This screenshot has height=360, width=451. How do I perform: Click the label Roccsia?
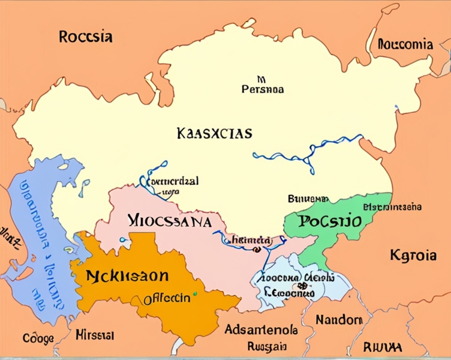pyautogui.click(x=86, y=36)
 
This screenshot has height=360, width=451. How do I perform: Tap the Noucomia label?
pyautogui.click(x=405, y=44)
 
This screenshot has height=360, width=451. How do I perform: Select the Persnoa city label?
pyautogui.click(x=262, y=89)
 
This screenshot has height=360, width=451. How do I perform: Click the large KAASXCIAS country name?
pyautogui.click(x=215, y=133)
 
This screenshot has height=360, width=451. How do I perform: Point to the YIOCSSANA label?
pyautogui.click(x=170, y=221)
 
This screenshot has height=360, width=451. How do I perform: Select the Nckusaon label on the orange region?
pyautogui.click(x=127, y=277)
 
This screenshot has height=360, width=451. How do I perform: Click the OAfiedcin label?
pyautogui.click(x=167, y=298)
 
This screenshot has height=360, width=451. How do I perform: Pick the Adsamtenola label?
pyautogui.click(x=260, y=329)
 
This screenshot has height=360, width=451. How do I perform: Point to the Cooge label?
pyautogui.click(x=38, y=338)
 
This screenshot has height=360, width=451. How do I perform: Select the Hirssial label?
pyautogui.click(x=95, y=334)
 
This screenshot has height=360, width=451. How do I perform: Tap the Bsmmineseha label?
pyautogui.click(x=392, y=206)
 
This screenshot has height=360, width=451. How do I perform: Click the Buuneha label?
pyautogui.click(x=308, y=198)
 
